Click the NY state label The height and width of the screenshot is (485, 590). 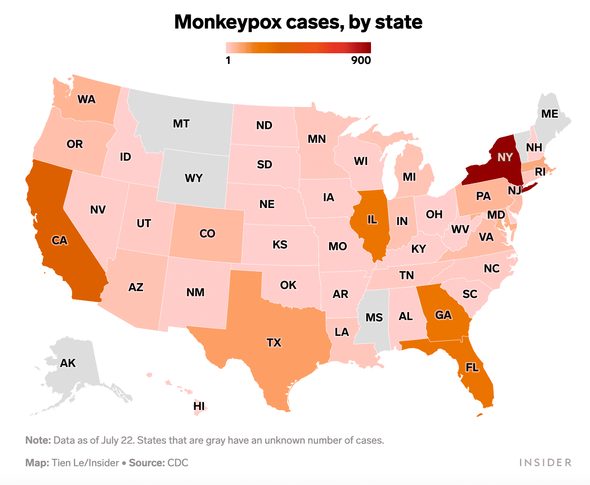pyautogui.click(x=505, y=157)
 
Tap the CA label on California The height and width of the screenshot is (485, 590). pyautogui.click(x=60, y=240)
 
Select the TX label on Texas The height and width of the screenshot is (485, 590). pyautogui.click(x=274, y=343)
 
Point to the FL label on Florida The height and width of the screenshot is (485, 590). pyautogui.click(x=472, y=367)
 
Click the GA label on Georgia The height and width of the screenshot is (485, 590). pyautogui.click(x=443, y=315)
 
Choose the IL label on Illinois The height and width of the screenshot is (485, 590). pyautogui.click(x=372, y=219)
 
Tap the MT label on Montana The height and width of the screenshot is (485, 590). pyautogui.click(x=181, y=124)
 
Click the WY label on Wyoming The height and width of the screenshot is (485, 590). pyautogui.click(x=194, y=178)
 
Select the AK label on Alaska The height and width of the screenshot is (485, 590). pyautogui.click(x=68, y=363)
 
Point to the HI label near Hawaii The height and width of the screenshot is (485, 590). pyautogui.click(x=199, y=406)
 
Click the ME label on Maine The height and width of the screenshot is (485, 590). pyautogui.click(x=549, y=114)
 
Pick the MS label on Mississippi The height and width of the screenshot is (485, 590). pyautogui.click(x=374, y=318)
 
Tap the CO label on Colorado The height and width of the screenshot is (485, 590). pyautogui.click(x=207, y=234)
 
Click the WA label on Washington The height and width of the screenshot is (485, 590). pyautogui.click(x=86, y=99)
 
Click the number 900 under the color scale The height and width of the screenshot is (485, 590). pyautogui.click(x=361, y=61)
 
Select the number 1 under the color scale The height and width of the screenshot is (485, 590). pyautogui.click(x=228, y=61)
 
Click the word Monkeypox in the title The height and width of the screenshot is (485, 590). pyautogui.click(x=228, y=22)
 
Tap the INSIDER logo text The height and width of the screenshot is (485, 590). pyautogui.click(x=545, y=463)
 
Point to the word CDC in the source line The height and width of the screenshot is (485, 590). pyautogui.click(x=178, y=463)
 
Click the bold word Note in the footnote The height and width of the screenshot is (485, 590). pyautogui.click(x=38, y=440)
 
